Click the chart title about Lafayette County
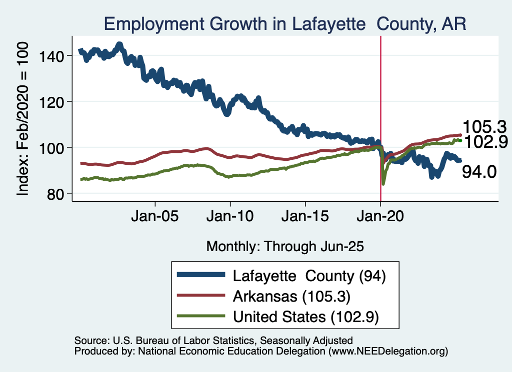285,24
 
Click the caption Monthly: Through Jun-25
284,246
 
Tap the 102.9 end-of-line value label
483,142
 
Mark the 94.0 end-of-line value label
479,172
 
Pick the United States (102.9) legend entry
305,317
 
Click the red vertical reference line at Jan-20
381,100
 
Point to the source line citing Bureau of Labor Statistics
213,341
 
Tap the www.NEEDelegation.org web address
387,352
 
